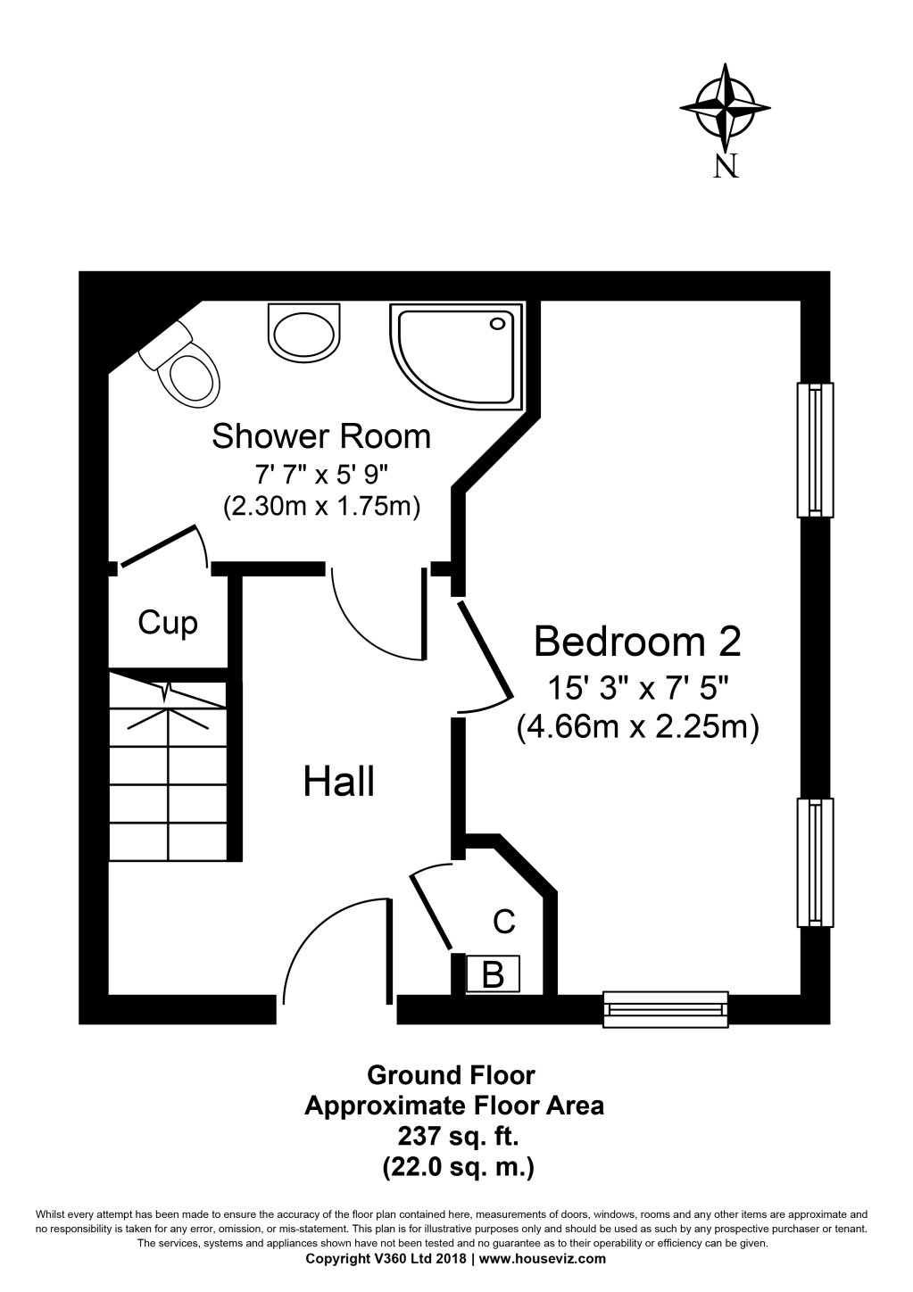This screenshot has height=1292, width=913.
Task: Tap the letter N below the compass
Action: pos(726,165)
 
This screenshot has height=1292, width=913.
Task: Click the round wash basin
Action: pos(303,334)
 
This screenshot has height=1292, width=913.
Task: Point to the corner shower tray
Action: pos(455,355)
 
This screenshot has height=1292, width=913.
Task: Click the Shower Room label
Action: pos(321,436)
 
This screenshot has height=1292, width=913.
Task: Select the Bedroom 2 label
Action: pos(637,640)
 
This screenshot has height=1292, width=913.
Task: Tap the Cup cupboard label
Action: pos(168,622)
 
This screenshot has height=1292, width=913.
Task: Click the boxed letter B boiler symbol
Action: pos(493,973)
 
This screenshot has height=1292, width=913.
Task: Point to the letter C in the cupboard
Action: pos(504,922)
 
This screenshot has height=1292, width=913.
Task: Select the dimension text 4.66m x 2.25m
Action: pos(637,727)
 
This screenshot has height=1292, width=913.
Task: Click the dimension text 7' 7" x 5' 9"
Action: pos(321,474)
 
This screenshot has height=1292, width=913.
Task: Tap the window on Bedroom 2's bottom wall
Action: pos(665,1007)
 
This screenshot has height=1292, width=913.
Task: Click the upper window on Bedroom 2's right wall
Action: pos(815,450)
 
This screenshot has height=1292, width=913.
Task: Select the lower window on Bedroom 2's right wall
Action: pos(815,863)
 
